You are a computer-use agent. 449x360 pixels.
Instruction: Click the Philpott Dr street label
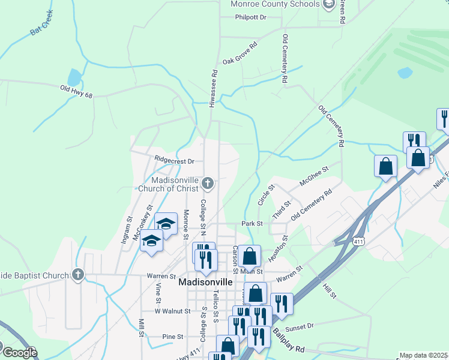(x=251, y=17)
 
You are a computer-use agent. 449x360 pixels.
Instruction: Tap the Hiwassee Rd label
(x=212, y=88)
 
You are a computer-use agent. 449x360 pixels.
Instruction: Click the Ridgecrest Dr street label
(x=174, y=161)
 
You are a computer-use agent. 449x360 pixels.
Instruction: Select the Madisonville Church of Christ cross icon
(x=208, y=182)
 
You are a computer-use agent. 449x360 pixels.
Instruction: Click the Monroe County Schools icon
(x=329, y=5)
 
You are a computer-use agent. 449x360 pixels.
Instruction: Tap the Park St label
(x=252, y=223)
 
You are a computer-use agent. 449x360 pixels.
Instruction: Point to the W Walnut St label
(x=172, y=311)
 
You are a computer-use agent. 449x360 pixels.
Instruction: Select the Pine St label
(x=172, y=337)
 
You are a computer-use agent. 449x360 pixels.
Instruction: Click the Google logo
(x=19, y=353)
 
